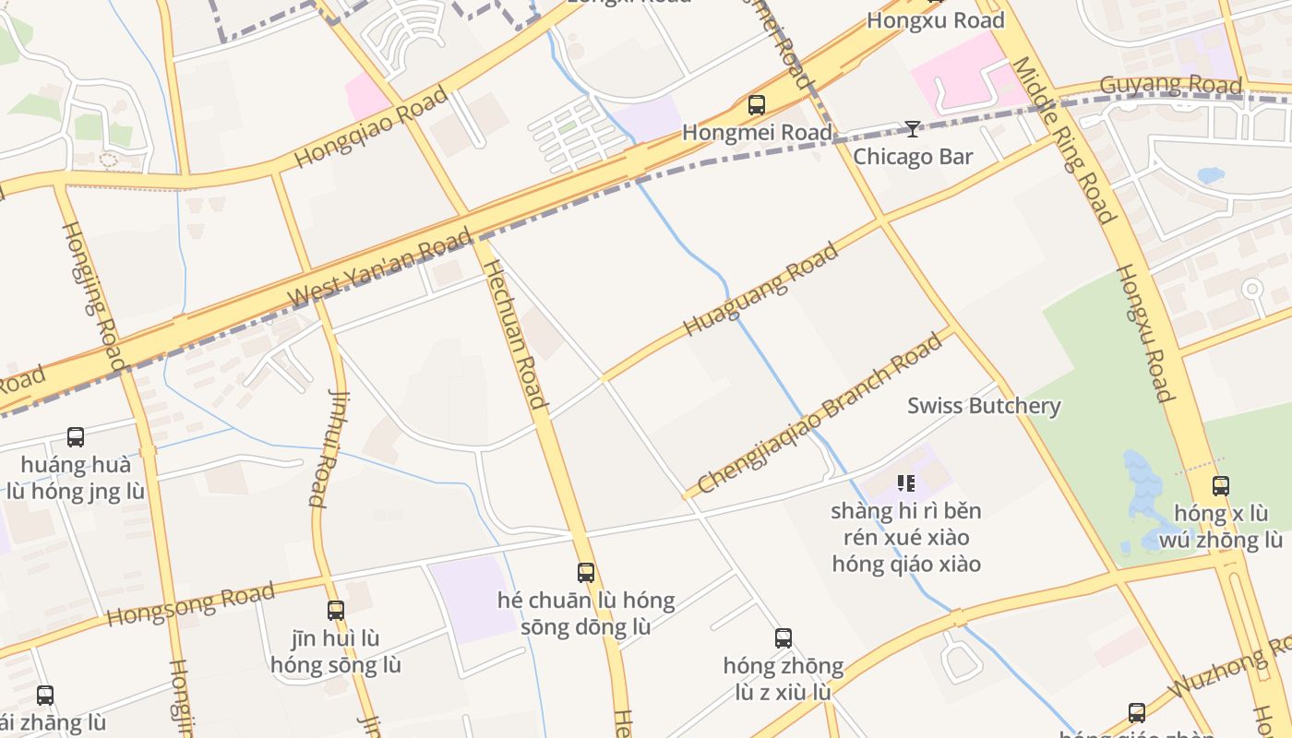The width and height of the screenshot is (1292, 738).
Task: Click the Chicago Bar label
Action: tap(912, 156)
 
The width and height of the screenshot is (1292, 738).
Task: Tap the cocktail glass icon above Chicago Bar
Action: tap(912, 129)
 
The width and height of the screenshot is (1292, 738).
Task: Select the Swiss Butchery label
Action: tap(984, 405)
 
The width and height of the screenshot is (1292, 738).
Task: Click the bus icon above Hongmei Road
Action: tap(757, 105)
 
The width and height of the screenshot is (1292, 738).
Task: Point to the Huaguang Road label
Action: tap(761, 289)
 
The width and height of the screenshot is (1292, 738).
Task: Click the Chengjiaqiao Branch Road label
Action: tap(820, 412)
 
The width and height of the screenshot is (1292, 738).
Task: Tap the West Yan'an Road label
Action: tap(380, 268)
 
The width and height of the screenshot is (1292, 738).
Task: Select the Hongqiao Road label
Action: tap(371, 127)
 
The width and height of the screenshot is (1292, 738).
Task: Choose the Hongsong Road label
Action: tap(191, 603)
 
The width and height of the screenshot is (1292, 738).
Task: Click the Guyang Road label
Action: tap(1171, 84)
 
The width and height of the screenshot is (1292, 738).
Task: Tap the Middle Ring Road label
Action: tap(1064, 138)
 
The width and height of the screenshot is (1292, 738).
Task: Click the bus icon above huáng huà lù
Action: tap(76, 436)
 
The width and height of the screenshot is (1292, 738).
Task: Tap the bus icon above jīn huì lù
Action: tap(336, 610)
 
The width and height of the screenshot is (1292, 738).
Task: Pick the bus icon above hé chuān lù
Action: tap(585, 573)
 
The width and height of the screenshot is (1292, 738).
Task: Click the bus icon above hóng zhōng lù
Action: tap(783, 637)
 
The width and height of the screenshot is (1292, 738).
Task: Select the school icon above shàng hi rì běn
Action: tap(905, 482)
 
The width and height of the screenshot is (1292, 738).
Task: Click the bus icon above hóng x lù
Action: tap(1220, 486)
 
